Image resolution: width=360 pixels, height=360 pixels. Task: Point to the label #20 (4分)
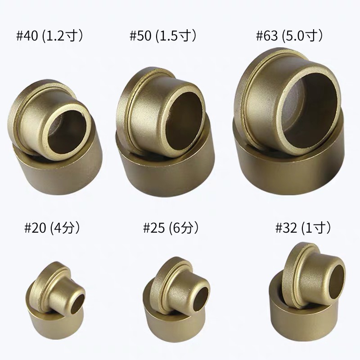pyautogui.click(x=53, y=228)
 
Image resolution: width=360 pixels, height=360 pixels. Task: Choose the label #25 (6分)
pyautogui.click(x=171, y=228)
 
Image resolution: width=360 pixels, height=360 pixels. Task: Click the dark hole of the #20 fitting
pyautogui.click(x=78, y=304)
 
